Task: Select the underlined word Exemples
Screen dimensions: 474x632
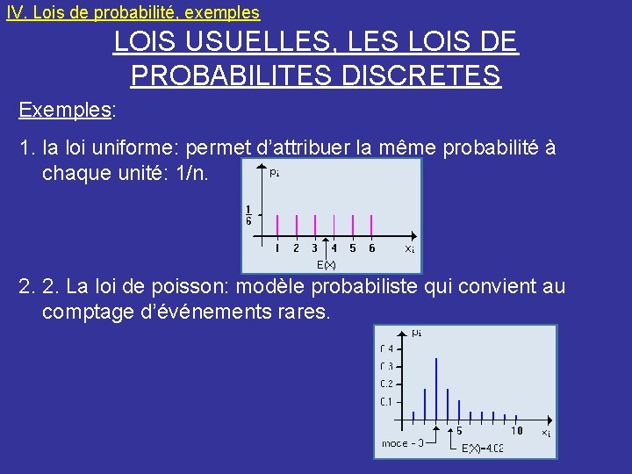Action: [65, 111]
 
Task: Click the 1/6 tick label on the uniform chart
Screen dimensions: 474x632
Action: [248, 215]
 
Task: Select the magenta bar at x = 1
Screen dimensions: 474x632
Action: [277, 226]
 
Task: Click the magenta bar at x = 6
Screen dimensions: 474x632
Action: [371, 226]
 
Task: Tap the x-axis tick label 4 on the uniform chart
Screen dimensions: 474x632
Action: [334, 248]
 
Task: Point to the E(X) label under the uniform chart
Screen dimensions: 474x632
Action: [327, 264]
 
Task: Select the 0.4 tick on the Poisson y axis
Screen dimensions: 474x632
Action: [386, 349]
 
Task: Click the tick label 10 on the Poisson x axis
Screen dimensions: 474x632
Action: [517, 431]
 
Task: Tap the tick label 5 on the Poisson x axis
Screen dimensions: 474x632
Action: [459, 431]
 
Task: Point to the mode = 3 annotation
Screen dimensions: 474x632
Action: [403, 443]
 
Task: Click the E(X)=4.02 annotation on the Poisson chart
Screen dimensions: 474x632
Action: [482, 449]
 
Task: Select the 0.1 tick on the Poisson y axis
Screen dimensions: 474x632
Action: [386, 402]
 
